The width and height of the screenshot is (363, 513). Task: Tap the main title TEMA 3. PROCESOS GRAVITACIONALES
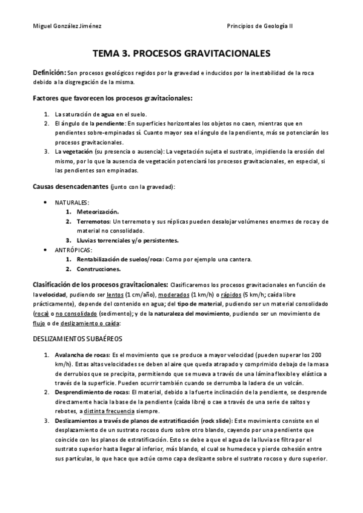181,54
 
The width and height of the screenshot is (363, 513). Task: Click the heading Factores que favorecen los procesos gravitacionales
112,97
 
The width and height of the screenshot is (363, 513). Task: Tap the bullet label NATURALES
72,202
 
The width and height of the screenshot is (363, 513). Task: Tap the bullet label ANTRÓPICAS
73,250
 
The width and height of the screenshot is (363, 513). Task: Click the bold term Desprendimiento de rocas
91,392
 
